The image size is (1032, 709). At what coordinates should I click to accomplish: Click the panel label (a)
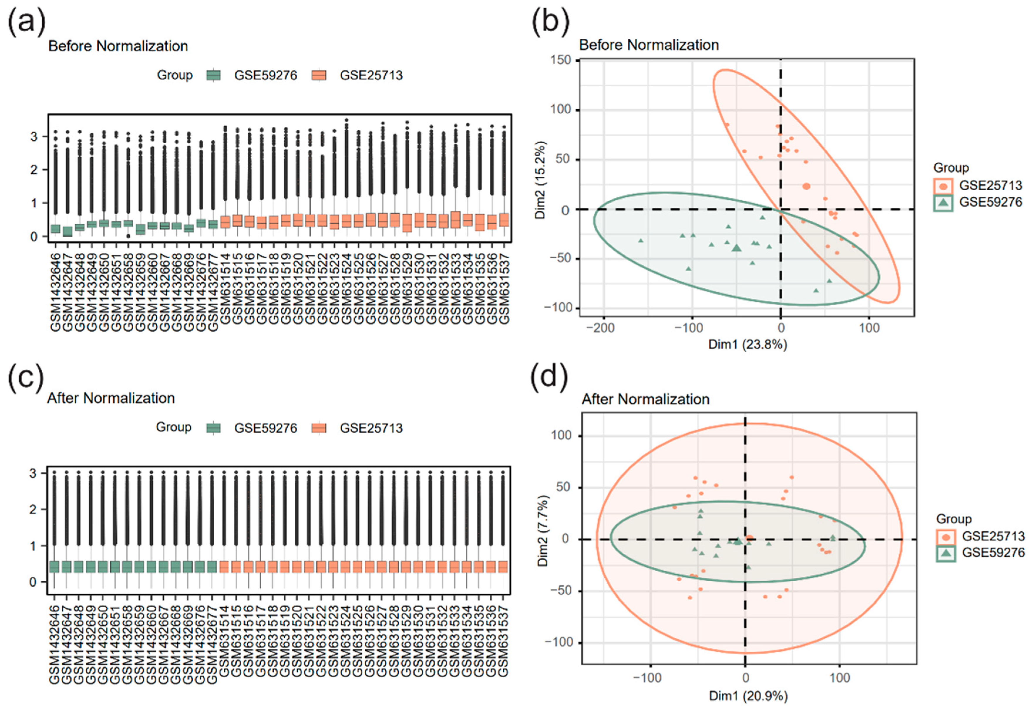(27, 22)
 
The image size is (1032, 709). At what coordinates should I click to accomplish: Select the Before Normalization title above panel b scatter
(649, 45)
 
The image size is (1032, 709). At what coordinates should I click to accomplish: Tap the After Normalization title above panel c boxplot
(111, 398)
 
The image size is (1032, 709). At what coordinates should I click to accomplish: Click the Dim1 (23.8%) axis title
(747, 344)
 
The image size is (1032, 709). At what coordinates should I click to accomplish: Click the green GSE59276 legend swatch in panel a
(214, 75)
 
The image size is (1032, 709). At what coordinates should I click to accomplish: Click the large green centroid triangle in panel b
(737, 248)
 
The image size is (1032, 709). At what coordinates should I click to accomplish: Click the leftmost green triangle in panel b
(641, 240)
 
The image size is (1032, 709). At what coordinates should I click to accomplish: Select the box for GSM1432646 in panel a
(55, 229)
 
